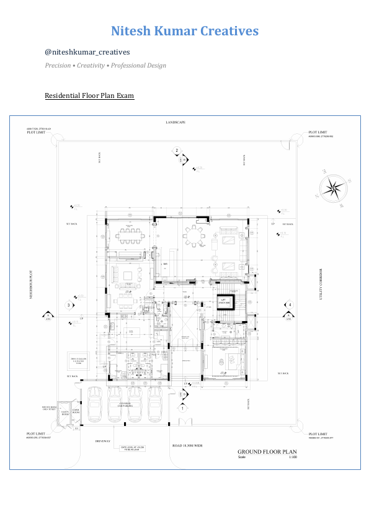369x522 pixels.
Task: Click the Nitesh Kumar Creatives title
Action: click(185, 31)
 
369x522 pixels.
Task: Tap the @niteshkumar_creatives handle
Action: click(87, 52)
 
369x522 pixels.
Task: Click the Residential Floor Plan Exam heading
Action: click(89, 96)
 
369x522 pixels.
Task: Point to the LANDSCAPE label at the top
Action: click(184, 123)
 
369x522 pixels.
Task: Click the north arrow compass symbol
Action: click(334, 189)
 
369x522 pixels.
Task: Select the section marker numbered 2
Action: click(177, 151)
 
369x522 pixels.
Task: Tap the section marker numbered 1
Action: click(183, 408)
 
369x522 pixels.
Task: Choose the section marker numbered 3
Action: click(69, 305)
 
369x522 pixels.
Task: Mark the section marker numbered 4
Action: click(288, 304)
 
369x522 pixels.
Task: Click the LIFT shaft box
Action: click(222, 301)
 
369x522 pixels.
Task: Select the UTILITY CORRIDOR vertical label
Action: click(321, 285)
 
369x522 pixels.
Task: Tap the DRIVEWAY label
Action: click(102, 441)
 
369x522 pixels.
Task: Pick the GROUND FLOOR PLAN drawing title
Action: click(267, 452)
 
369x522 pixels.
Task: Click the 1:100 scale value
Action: click(293, 458)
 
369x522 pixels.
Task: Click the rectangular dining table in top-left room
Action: click(130, 235)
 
